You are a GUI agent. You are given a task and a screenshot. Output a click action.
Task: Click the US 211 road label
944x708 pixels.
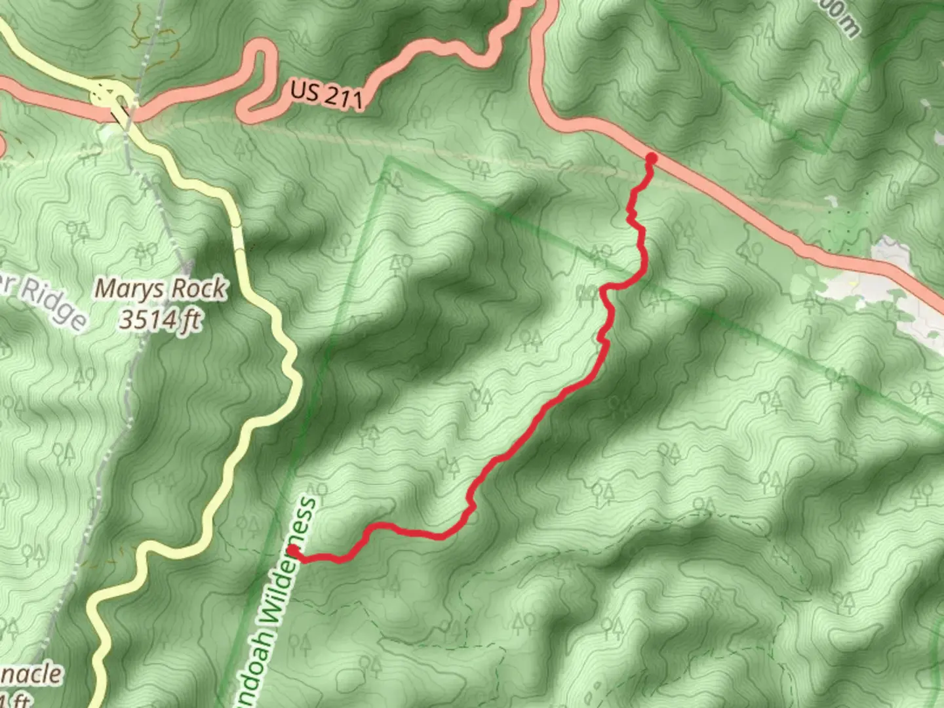point(325,95)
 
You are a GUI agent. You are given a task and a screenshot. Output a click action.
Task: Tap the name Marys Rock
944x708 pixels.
point(161,288)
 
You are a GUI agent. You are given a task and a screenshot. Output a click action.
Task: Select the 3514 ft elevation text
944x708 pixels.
point(160,320)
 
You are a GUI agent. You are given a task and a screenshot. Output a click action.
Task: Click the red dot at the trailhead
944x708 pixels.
point(651,158)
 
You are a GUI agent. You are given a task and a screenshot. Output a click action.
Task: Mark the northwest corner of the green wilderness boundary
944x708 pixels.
point(388,159)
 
